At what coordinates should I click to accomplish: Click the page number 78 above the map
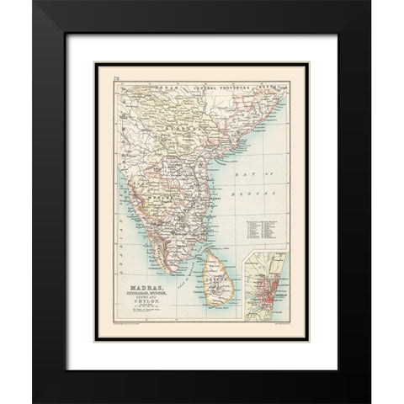[115, 78]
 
